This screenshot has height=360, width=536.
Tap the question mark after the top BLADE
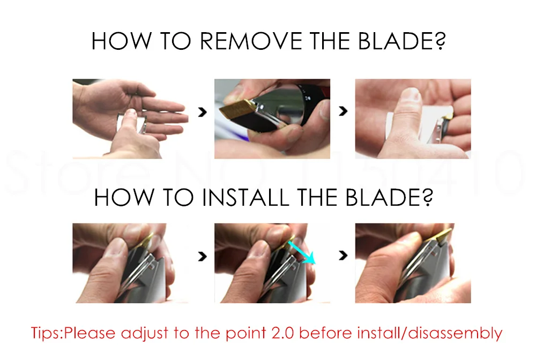click(441, 41)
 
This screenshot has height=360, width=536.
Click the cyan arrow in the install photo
click(301, 252)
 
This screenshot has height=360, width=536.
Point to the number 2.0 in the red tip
click(282, 333)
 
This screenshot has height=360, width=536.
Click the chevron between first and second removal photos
click(203, 111)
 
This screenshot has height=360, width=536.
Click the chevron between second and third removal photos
click(343, 111)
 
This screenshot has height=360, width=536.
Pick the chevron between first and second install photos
click(203, 256)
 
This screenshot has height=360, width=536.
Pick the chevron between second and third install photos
click(343, 255)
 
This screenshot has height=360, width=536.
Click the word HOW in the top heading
click(121, 41)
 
